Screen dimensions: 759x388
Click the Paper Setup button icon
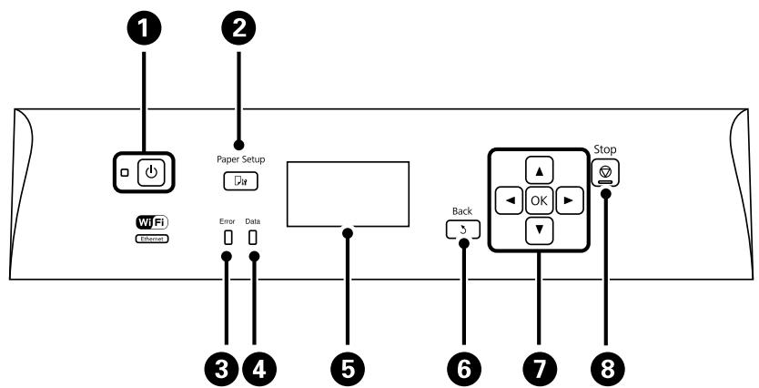[x=240, y=180]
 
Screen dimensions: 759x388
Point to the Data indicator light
[x=252, y=238]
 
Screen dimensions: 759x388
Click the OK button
[x=539, y=200]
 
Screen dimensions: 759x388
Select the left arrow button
[x=510, y=200]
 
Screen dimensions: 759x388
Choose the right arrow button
[x=570, y=200]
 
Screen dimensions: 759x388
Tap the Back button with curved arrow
[x=463, y=230]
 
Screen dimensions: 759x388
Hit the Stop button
[x=605, y=172]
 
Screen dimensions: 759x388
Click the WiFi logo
[x=152, y=222]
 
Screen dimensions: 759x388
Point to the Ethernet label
[x=152, y=239]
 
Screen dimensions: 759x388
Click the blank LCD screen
[x=348, y=194]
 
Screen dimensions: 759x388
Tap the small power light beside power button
[x=125, y=172]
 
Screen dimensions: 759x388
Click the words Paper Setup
[x=240, y=158]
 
